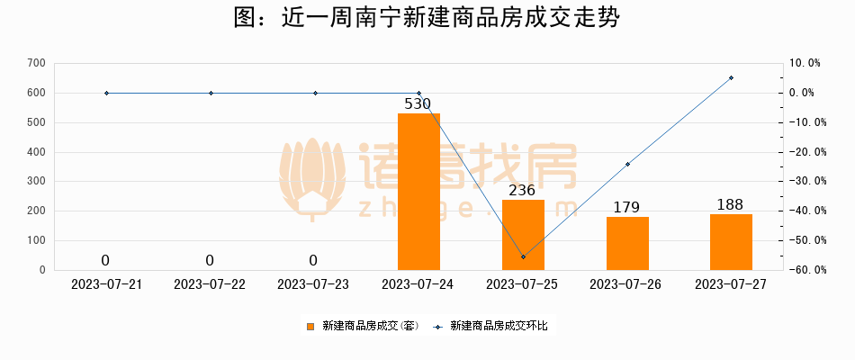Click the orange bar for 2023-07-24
tap(418, 192)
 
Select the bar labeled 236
tap(523, 235)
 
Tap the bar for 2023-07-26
tap(627, 243)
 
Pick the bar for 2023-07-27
tap(731, 242)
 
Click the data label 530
tap(418, 103)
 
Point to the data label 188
tap(730, 204)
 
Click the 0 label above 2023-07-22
tap(210, 260)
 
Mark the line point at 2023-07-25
tap(523, 257)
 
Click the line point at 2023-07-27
tap(731, 77)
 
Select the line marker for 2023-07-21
tap(106, 93)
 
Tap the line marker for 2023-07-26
tap(627, 164)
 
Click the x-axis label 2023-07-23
tap(314, 284)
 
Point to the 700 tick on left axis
tap(36, 63)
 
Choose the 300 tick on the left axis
tap(36, 181)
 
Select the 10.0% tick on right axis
tap(804, 63)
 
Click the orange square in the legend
tap(311, 326)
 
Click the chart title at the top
tap(427, 19)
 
